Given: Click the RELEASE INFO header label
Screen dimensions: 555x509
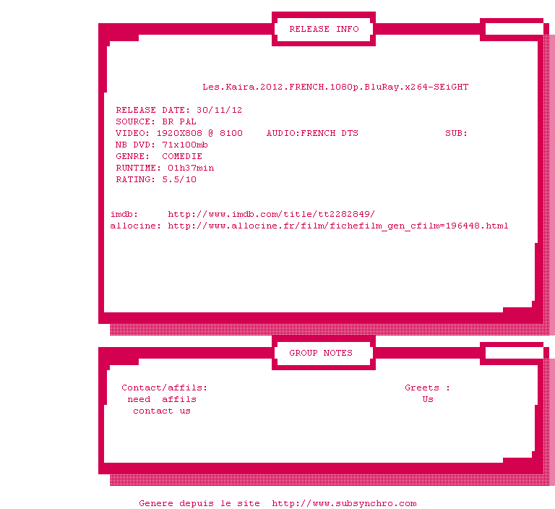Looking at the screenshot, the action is click(x=324, y=29).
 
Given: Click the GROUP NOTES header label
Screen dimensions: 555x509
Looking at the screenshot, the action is click(x=321, y=353).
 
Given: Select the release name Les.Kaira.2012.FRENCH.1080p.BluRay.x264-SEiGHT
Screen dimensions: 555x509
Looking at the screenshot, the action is click(x=335, y=87).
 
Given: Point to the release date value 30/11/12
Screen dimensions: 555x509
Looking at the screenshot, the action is click(x=220, y=110).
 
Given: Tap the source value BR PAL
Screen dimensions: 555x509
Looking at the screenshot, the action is click(x=179, y=122).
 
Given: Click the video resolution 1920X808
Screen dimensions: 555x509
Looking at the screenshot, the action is click(x=179, y=133).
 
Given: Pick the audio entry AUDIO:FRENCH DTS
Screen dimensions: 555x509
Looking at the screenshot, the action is click(x=312, y=133).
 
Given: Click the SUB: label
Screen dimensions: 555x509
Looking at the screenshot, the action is click(x=456, y=133).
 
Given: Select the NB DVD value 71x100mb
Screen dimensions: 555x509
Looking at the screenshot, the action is click(x=185, y=145).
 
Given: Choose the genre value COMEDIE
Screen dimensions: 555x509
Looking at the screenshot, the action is click(x=182, y=156).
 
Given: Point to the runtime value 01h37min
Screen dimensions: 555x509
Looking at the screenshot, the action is click(x=191, y=168).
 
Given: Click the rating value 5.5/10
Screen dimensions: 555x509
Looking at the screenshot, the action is click(x=179, y=179).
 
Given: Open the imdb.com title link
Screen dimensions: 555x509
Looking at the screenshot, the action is click(x=271, y=214).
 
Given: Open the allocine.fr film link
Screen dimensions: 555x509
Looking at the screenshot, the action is click(x=338, y=226).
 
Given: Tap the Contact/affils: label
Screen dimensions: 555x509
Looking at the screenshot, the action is click(x=164, y=388).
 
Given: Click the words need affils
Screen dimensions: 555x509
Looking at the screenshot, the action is click(x=162, y=400).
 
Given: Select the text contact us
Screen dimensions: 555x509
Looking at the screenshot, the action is click(x=162, y=411).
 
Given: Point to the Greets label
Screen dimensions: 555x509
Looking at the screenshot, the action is click(x=422, y=388).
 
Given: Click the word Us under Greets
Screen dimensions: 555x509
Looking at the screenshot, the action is click(x=428, y=400).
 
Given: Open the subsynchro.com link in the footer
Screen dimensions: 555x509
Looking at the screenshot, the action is click(x=344, y=503).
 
